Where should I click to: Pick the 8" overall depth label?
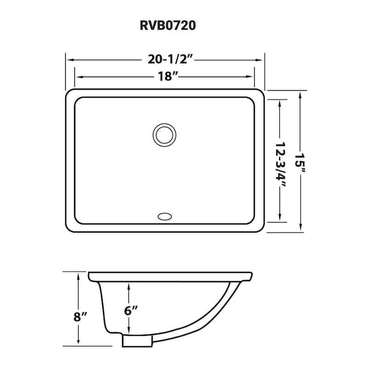[x=79, y=316]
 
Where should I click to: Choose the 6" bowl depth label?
[x=130, y=311]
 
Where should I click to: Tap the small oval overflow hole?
[x=164, y=216]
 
